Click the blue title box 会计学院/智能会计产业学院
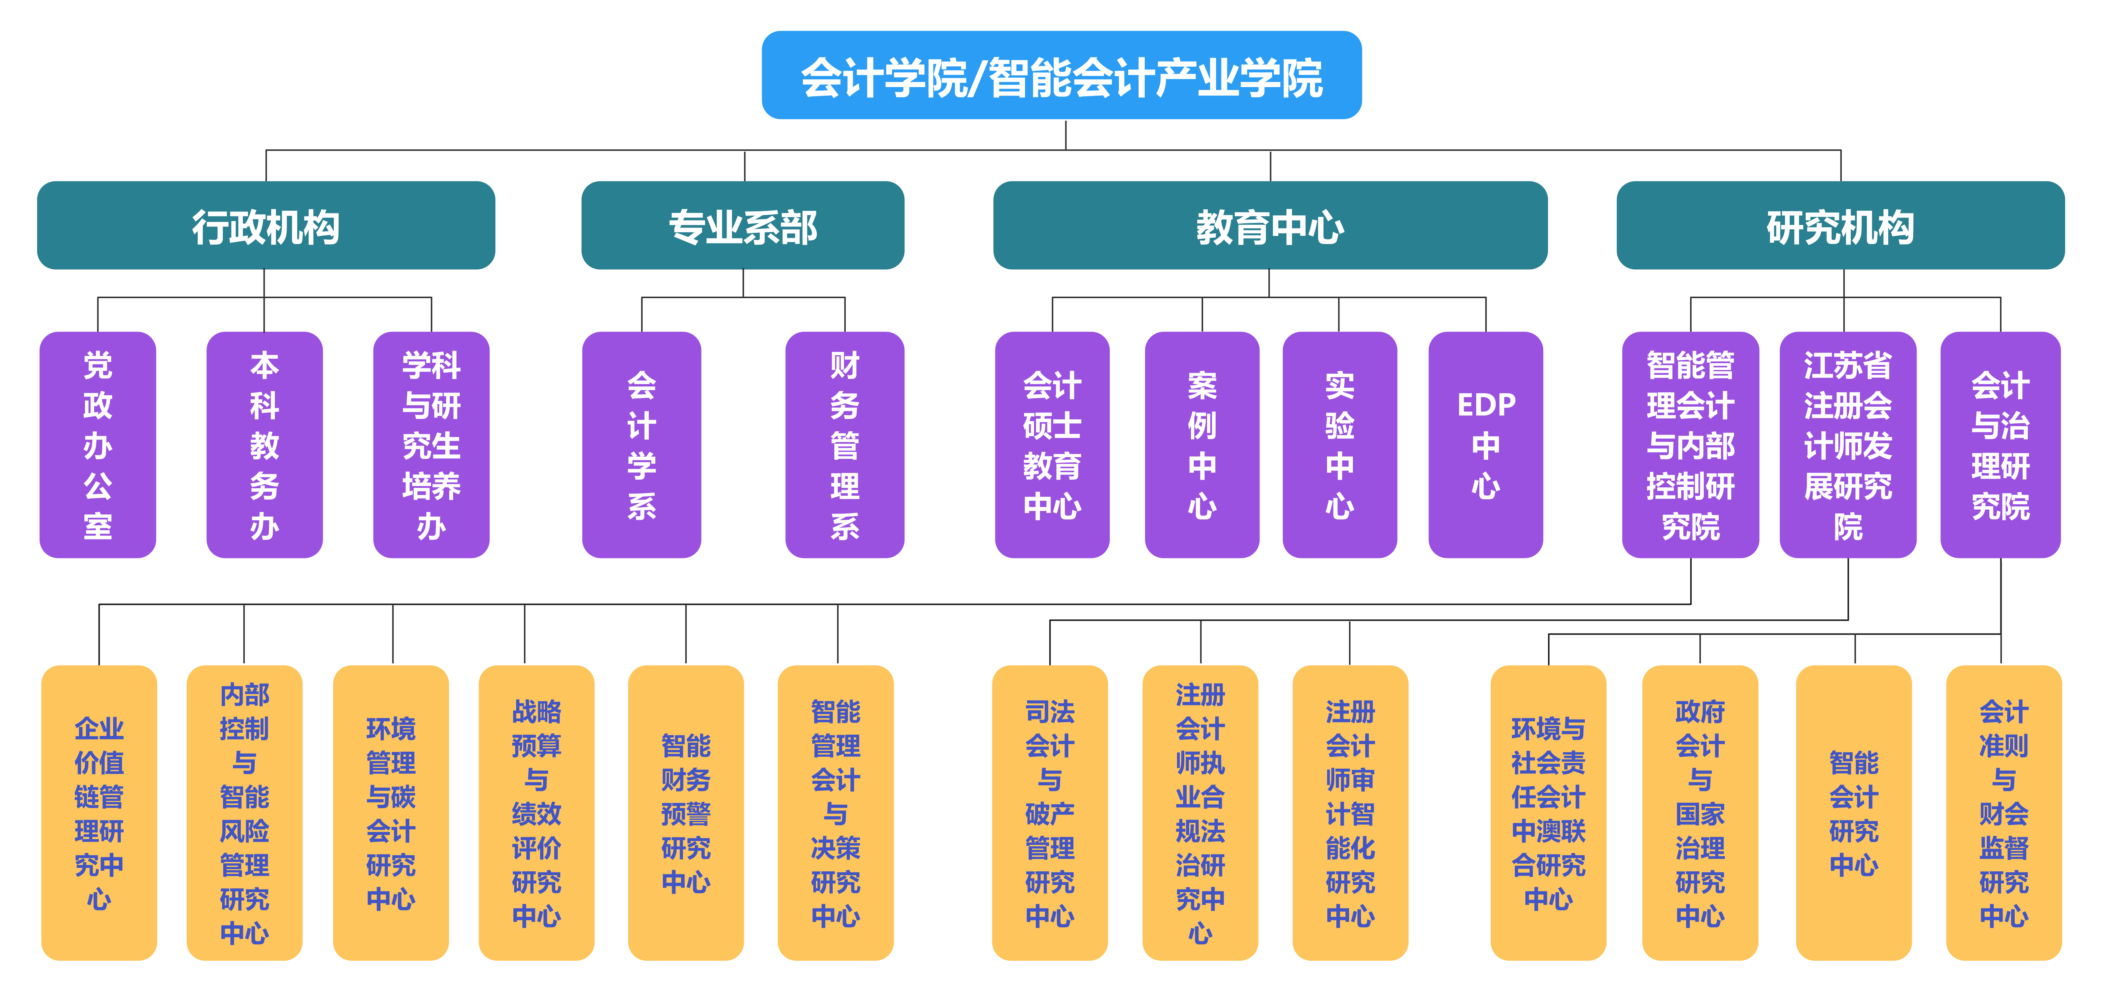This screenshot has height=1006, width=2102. point(1062,75)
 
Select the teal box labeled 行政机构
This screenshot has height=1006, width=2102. point(266,225)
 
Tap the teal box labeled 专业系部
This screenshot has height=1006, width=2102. point(742,225)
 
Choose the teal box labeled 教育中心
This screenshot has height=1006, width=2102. point(1270,225)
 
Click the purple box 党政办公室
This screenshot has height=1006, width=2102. point(98,445)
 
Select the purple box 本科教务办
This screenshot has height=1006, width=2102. point(264,445)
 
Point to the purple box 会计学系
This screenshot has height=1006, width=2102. point(641,445)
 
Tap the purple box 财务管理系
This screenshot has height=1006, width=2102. point(845,445)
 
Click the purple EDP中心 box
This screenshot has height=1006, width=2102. point(1486,445)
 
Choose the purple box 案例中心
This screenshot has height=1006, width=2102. point(1202,445)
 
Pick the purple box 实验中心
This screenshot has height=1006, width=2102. point(1340,445)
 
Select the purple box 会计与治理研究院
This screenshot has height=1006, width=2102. point(2000,445)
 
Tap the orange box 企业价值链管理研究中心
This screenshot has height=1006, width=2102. point(99,813)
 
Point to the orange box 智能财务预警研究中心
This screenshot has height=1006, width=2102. point(685,813)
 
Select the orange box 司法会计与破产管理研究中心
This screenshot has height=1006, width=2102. point(1049,813)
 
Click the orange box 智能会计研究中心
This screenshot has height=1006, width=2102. point(1854,813)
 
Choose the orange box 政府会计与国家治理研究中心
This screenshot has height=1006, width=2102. point(1700,813)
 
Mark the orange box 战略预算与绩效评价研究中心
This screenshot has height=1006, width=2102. point(536,813)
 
